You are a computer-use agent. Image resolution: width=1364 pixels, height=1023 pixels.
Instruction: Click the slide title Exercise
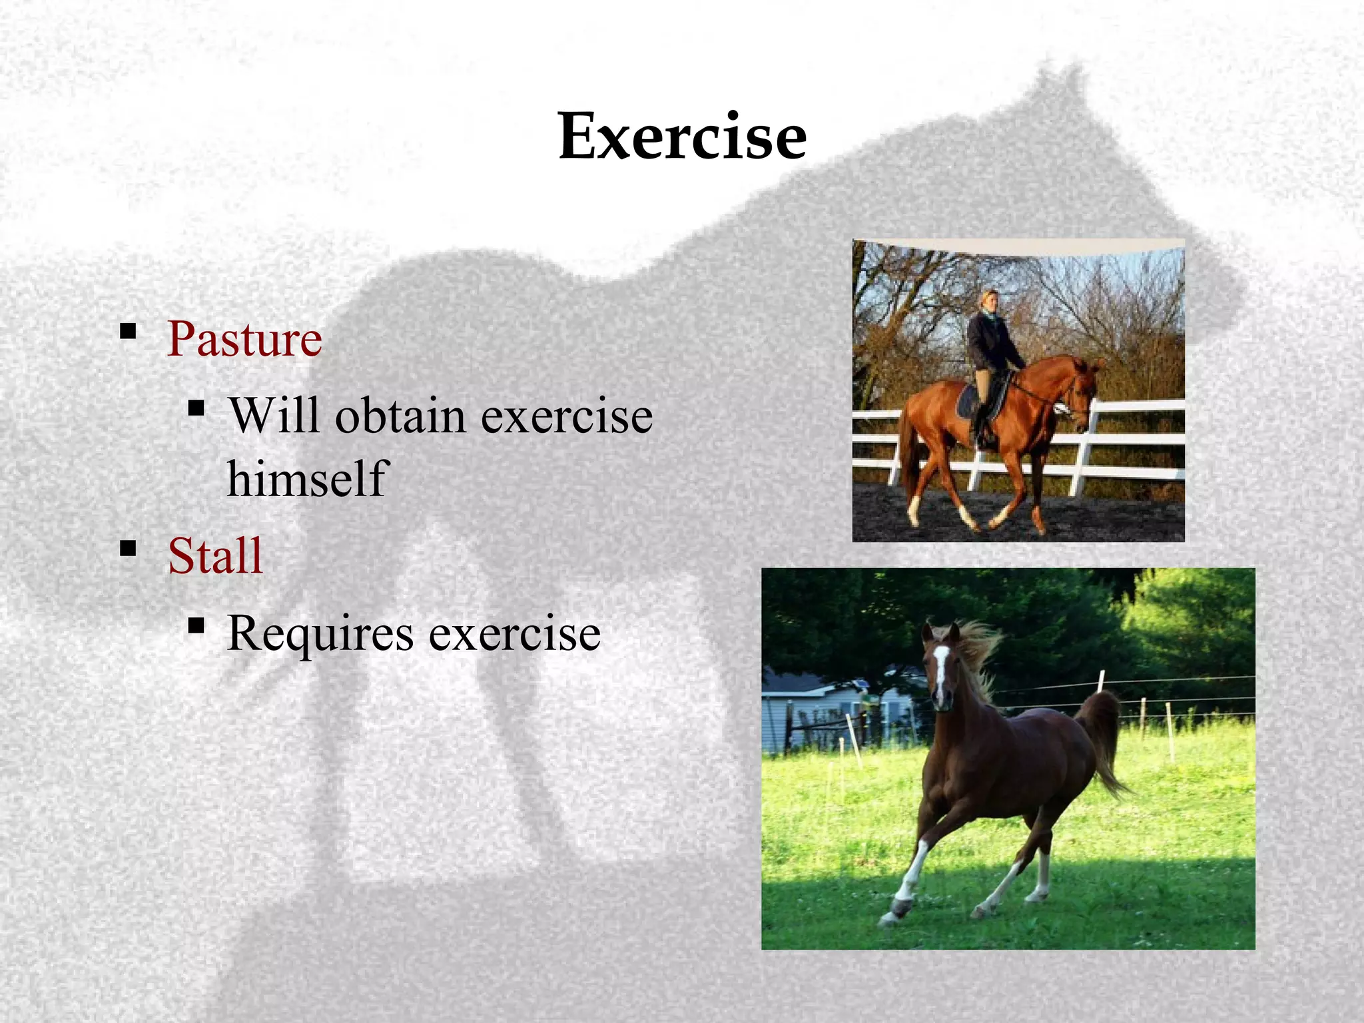pos(682,137)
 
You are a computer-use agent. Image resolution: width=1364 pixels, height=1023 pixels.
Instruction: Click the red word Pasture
pos(244,340)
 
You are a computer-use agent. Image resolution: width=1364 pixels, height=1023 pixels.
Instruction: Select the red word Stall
pos(215,556)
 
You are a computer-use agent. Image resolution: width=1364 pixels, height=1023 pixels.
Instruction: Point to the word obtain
pos(400,416)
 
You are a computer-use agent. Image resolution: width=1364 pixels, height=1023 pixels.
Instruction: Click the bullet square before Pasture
pos(128,331)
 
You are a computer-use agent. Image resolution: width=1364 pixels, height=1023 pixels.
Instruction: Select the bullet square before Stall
pos(128,549)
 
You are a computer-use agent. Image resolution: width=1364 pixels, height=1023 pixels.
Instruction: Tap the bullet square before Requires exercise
pos(196,625)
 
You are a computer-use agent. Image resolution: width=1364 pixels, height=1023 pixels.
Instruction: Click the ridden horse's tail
pos(908,453)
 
